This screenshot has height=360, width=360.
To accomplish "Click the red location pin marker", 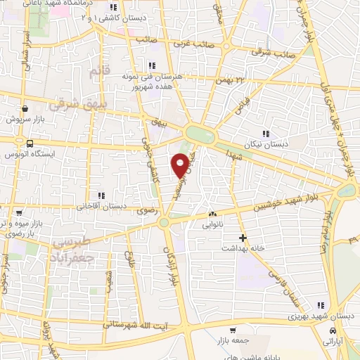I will [x=181, y=166].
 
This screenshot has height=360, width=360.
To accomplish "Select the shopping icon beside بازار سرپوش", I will [x=25, y=108].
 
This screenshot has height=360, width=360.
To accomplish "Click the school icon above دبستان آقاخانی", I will [x=101, y=195].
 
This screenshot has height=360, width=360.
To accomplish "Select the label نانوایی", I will [x=213, y=226].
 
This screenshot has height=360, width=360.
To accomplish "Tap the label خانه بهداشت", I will [x=243, y=249].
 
